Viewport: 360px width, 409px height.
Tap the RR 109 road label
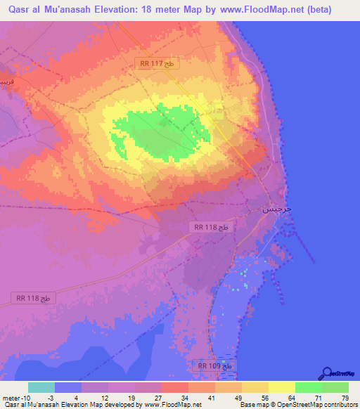click(214, 366)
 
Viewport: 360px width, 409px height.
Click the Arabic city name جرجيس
click(276, 209)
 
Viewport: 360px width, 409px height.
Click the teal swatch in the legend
click(41, 387)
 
